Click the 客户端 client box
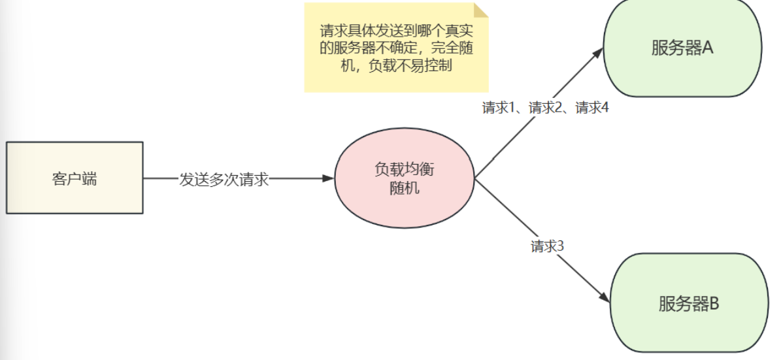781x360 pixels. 75,178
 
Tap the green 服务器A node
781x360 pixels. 682,48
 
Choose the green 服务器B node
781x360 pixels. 688,303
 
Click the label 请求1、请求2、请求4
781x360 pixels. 545,108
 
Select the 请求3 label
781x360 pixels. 547,246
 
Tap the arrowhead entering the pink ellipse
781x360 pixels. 329,178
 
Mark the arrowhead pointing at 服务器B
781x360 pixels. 605,298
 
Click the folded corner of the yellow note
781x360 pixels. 481,10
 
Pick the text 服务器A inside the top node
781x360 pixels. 682,48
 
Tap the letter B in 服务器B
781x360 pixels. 714,303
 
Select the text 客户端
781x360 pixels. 75,178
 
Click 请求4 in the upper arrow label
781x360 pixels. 592,108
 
